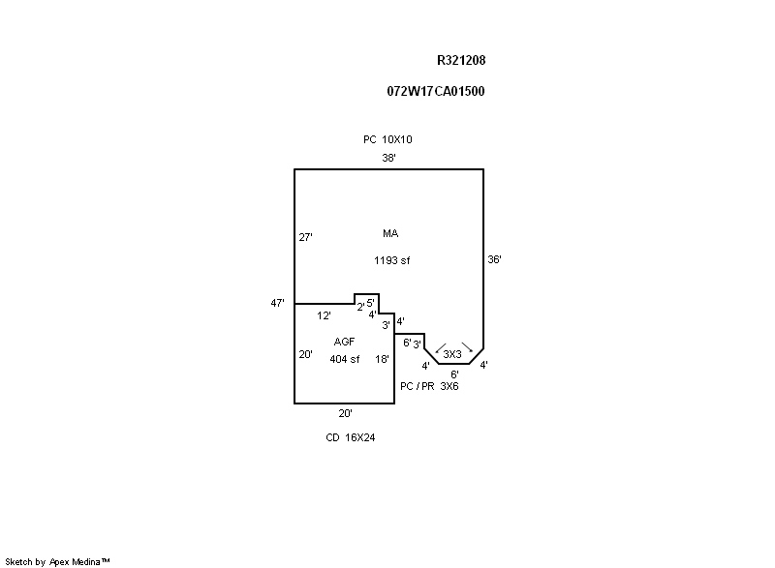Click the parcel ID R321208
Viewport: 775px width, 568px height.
(x=461, y=60)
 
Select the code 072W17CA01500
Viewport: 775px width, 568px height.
(x=436, y=91)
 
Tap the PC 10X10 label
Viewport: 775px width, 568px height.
(x=387, y=139)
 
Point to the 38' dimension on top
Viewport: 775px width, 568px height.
(x=388, y=158)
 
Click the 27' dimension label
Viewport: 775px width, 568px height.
(x=305, y=237)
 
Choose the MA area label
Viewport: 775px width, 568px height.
(x=390, y=233)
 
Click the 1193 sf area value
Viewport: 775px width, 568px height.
(x=392, y=260)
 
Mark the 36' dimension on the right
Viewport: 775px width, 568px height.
(x=494, y=259)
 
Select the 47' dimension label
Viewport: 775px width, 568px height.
(x=277, y=303)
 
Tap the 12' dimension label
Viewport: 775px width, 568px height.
(x=325, y=315)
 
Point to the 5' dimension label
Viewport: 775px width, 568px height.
(x=370, y=303)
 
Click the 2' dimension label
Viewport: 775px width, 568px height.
(x=360, y=308)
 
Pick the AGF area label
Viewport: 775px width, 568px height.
(x=344, y=343)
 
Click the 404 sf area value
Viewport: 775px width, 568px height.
(x=344, y=359)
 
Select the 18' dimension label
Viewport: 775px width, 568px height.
(x=383, y=359)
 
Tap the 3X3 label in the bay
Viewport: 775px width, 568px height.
(x=452, y=354)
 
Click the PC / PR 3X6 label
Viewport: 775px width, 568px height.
(x=429, y=386)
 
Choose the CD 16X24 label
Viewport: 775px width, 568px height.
(x=350, y=437)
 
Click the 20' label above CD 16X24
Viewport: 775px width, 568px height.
(x=345, y=413)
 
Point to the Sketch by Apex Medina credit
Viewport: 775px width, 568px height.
(x=58, y=560)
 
